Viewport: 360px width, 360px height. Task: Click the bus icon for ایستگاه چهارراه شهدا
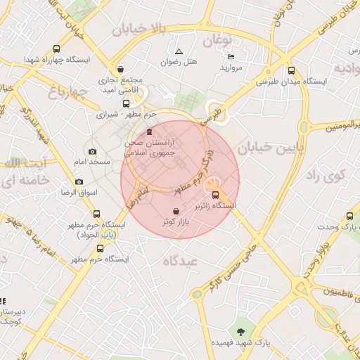pos(56,49)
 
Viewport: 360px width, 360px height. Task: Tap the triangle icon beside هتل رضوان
pos(179,51)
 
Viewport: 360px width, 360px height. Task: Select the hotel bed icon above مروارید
pos(231,56)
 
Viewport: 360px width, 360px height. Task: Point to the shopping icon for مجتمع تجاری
pos(122,70)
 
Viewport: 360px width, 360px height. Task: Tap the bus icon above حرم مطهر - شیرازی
pos(127,103)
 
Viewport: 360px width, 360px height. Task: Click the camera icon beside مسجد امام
pos(92,151)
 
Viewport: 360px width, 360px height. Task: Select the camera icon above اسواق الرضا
pos(79,181)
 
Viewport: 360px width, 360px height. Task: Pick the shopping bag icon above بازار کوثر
pos(175,211)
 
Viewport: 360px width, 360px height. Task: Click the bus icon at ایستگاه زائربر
pos(215,195)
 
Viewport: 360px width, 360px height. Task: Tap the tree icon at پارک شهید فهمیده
pos(241,330)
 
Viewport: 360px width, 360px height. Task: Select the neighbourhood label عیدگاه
pos(181,260)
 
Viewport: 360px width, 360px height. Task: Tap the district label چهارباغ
pos(67,91)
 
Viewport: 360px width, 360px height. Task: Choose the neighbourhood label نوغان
pos(218,39)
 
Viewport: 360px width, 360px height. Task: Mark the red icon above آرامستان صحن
pos(148,131)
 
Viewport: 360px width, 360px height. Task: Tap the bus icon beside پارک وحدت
pos(350,217)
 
